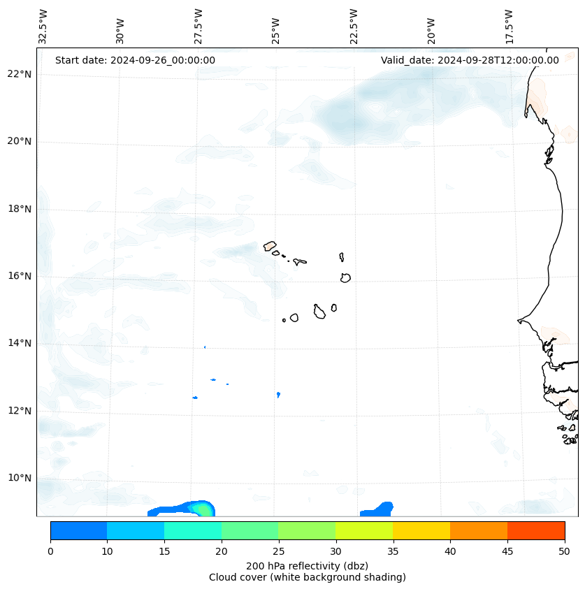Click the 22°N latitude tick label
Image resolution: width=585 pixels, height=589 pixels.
[20, 74]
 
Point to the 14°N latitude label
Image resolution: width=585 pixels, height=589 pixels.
[20, 343]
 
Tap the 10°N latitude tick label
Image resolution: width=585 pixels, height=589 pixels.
[20, 478]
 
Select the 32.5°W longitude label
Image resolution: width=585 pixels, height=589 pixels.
[43, 26]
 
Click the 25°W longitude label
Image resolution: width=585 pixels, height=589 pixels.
[276, 30]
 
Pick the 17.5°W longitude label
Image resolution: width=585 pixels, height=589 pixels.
[510, 26]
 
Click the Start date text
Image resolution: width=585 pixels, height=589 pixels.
[135, 60]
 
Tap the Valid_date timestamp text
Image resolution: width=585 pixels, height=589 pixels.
[470, 60]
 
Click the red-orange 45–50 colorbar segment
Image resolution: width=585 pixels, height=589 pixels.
[536, 530]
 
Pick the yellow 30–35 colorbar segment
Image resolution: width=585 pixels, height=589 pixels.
[364, 530]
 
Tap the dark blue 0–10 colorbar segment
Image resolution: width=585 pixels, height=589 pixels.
[78, 530]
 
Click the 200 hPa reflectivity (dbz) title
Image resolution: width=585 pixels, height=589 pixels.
[307, 565]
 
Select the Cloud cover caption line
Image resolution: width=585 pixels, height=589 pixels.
[307, 577]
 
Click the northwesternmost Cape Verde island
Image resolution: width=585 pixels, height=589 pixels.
[270, 246]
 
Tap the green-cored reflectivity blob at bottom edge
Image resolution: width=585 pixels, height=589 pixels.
[202, 509]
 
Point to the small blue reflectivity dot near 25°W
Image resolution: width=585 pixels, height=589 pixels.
[278, 395]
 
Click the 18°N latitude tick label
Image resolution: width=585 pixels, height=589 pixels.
[20, 209]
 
